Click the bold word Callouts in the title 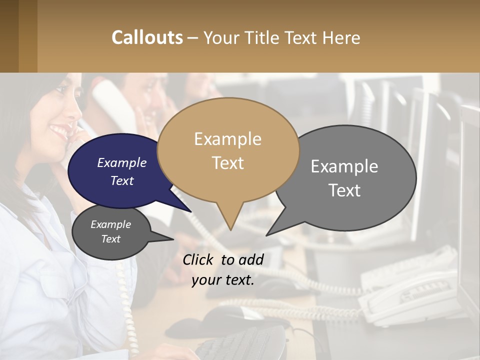147,37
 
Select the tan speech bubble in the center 228,150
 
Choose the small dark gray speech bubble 111,232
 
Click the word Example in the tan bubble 227,139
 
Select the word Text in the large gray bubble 344,190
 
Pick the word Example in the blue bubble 122,163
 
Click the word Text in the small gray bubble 111,239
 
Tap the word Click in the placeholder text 199,259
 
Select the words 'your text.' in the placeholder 223,280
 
